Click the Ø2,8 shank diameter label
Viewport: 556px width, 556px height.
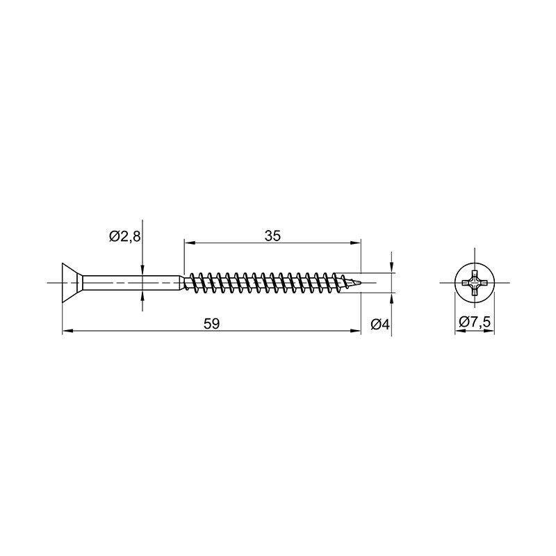pos(125,236)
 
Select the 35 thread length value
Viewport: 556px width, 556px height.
pos(272,236)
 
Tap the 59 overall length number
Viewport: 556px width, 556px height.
pos(212,324)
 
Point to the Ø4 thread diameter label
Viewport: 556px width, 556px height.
pos(380,324)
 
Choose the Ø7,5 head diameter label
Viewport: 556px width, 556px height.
pos(475,322)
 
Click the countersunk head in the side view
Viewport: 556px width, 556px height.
pos(72,283)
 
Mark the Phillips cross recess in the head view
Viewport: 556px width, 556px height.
pos(475,283)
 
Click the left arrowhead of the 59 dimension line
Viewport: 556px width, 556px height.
pos(67,331)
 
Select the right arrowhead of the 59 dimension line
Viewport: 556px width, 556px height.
pos(355,331)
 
